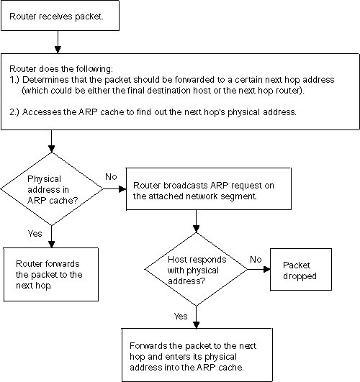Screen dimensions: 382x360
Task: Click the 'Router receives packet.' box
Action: pos(53,17)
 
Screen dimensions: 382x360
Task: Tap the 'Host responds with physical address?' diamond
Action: pos(196,270)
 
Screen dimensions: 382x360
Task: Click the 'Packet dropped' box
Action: pos(297,270)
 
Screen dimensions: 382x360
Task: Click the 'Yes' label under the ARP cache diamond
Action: pos(35,234)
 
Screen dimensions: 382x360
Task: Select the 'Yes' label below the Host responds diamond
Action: pos(181,316)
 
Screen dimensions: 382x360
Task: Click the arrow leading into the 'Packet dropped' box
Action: pos(260,270)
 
